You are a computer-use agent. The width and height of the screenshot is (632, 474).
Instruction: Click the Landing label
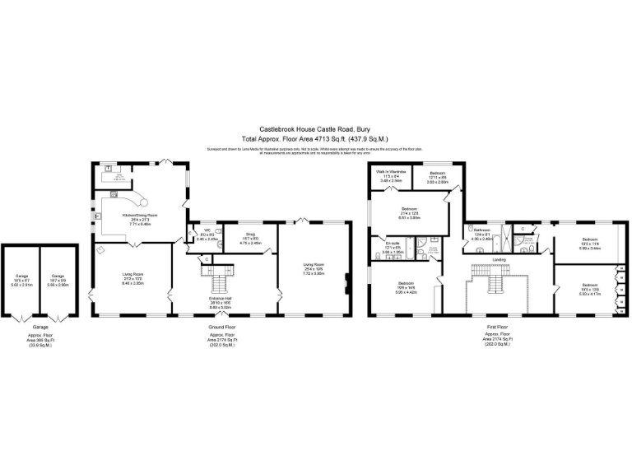(499, 260)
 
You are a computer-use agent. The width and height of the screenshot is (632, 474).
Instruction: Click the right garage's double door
(58, 318)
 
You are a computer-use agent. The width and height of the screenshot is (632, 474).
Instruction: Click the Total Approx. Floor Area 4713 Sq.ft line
(314, 138)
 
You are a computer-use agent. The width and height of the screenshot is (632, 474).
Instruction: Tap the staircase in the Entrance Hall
(220, 285)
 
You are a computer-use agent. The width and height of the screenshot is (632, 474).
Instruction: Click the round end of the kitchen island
(142, 198)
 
